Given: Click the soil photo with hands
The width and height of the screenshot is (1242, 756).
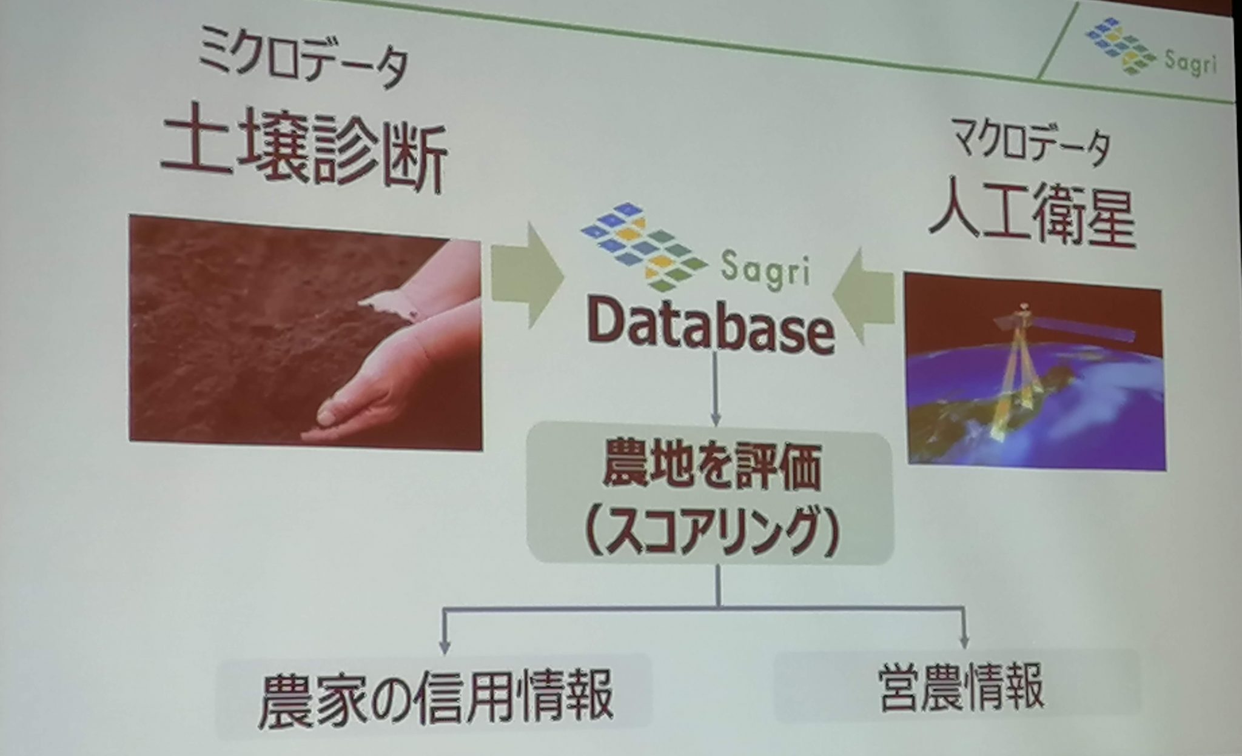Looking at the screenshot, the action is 306,332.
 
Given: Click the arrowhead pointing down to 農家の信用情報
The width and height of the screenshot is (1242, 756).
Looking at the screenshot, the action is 445,645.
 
